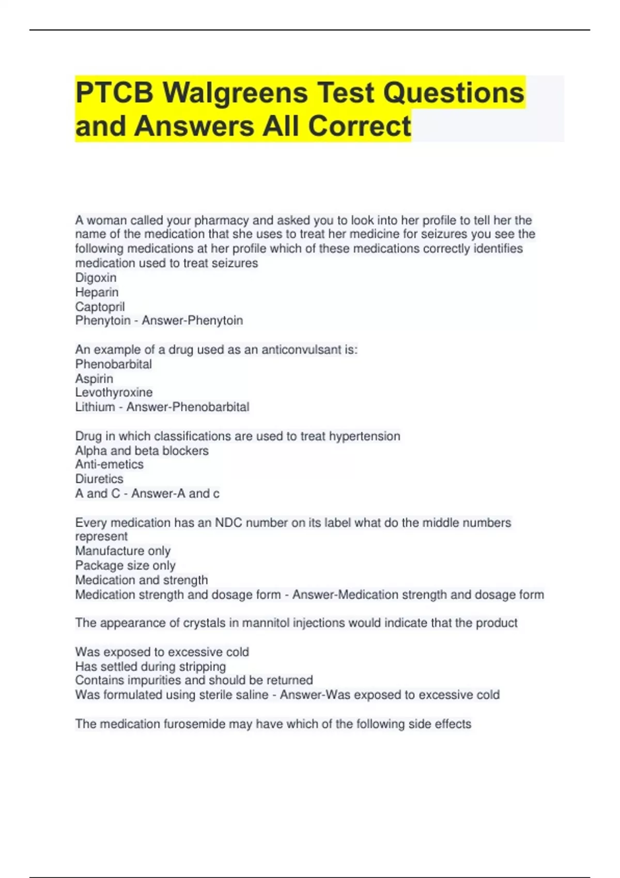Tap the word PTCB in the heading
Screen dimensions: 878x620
click(x=114, y=93)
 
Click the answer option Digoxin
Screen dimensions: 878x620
click(x=96, y=277)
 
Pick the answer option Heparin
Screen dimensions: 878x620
click(x=97, y=292)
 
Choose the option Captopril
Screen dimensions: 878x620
click(x=100, y=306)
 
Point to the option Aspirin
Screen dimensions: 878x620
click(x=94, y=378)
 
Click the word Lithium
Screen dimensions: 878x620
click(x=95, y=407)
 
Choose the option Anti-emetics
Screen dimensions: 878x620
click(x=109, y=464)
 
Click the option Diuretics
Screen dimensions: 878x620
click(x=99, y=479)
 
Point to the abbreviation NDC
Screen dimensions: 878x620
click(x=228, y=523)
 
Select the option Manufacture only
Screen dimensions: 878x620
click(x=122, y=551)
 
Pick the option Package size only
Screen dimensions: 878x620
click(x=125, y=565)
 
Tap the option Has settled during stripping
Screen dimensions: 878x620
click(x=150, y=666)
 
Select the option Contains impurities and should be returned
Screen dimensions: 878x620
click(x=194, y=680)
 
